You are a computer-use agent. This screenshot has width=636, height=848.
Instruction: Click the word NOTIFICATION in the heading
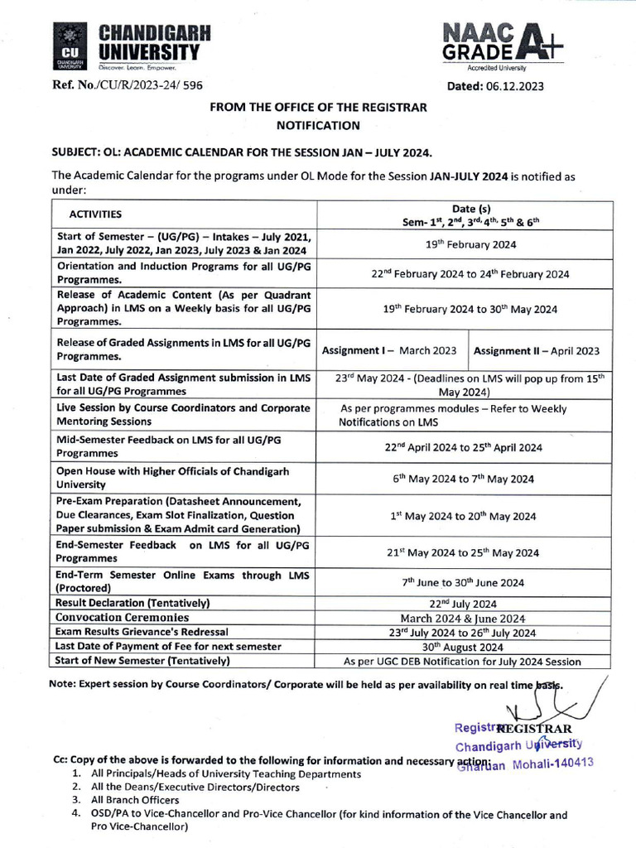[x=318, y=126]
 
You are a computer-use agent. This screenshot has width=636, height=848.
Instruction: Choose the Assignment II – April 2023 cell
[x=537, y=351]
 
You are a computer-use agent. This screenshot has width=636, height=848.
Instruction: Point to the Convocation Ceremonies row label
[x=122, y=618]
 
